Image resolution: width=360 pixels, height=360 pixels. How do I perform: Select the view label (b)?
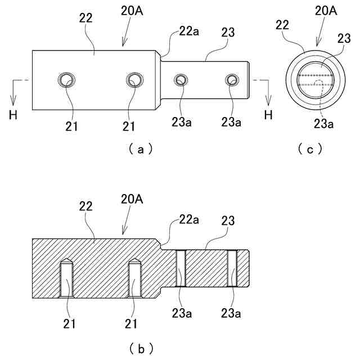click(x=141, y=348)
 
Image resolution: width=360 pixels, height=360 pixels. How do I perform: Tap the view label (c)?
click(x=310, y=148)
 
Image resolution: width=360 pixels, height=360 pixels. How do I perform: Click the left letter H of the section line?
click(x=13, y=115)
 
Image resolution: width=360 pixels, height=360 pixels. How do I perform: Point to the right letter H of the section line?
click(x=268, y=115)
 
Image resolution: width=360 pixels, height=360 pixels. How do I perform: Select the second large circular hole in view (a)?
click(x=134, y=80)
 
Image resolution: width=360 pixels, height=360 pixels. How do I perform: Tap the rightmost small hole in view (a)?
click(x=232, y=80)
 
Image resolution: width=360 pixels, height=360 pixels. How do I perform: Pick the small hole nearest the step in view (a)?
click(x=180, y=80)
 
